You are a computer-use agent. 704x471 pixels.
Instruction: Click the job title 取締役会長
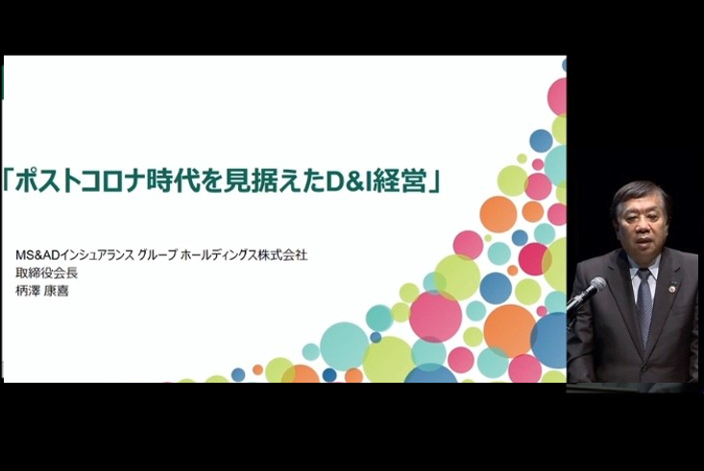click(47, 272)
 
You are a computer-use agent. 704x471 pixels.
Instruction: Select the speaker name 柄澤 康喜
click(42, 291)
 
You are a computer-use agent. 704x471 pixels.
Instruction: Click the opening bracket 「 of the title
click(8, 179)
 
